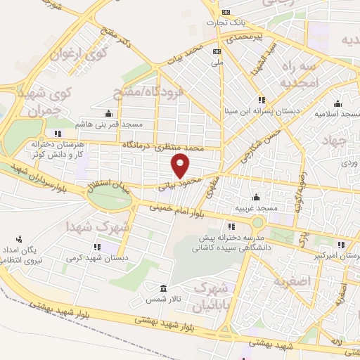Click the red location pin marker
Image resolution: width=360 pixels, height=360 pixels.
click(181, 166)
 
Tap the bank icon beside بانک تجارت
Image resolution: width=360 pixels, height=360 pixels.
click(226, 13)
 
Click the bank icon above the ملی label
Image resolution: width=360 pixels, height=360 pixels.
click(217, 51)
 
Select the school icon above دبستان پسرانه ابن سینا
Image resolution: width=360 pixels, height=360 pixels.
click(262, 100)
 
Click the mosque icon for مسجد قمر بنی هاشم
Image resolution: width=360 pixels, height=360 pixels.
click(108, 114)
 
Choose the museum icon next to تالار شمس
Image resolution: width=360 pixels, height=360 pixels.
click(164, 289)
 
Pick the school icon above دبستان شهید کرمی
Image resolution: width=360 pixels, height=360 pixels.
click(96, 247)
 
